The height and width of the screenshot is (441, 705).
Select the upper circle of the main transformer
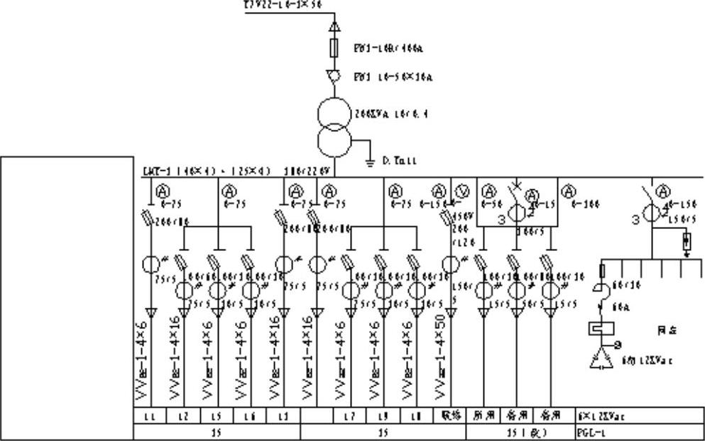(x=334, y=114)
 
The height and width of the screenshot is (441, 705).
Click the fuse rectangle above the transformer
(x=334, y=48)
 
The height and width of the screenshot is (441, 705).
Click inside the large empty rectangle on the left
(x=67, y=298)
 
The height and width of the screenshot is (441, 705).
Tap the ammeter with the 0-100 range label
(x=568, y=190)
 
